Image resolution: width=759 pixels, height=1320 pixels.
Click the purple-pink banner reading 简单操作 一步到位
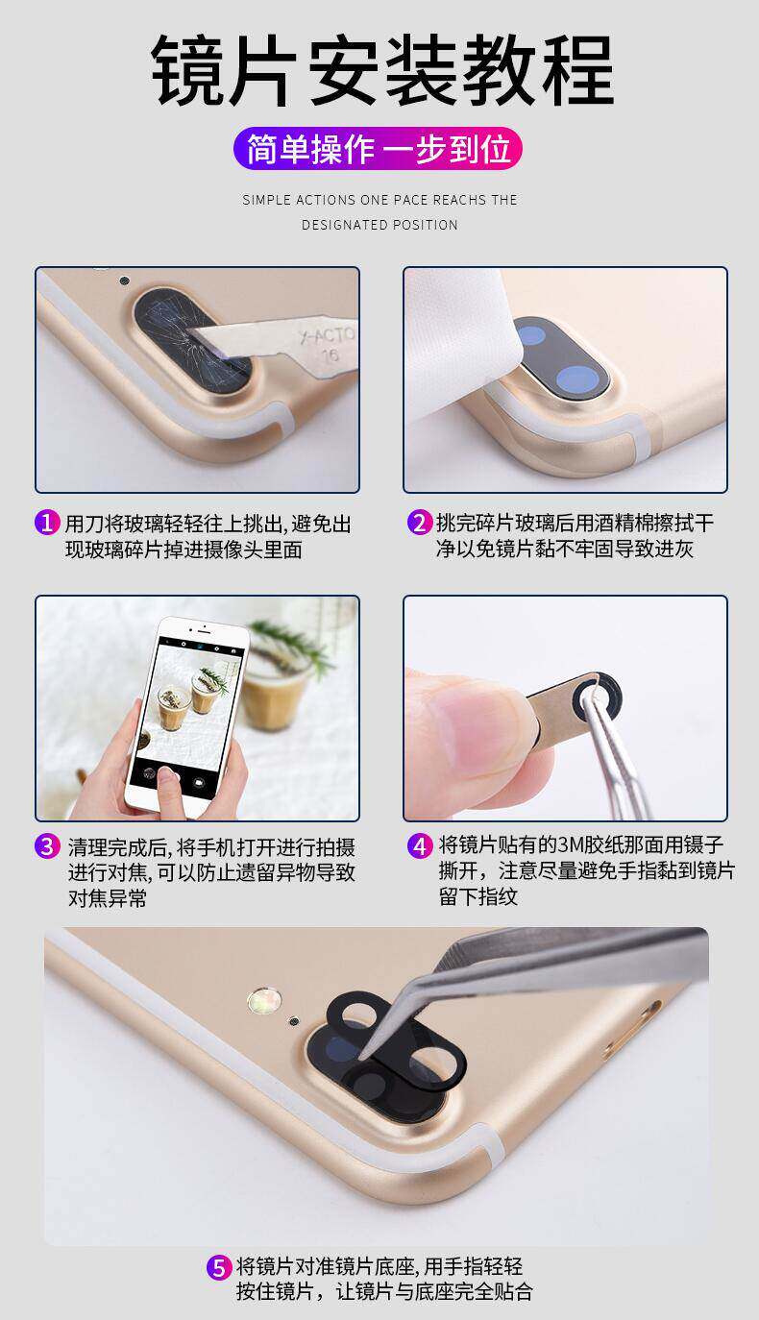pos(378,149)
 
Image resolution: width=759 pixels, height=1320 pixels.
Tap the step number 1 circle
pos(47,522)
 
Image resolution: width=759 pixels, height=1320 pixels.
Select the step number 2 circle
pos(420,522)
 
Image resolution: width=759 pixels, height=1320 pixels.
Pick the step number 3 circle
pos(47,846)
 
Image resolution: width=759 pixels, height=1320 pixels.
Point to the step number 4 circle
pos(420,846)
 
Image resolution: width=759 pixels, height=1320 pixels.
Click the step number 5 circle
pos(219,1267)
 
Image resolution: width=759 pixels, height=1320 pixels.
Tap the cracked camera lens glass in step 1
pos(193,341)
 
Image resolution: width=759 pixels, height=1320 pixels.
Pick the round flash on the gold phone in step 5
pos(263,1000)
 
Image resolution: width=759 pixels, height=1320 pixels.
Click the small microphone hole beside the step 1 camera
pos(124,281)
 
